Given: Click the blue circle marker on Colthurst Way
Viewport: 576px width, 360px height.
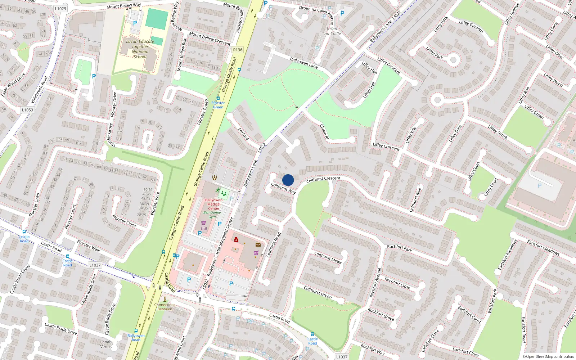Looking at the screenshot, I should [x=288, y=180].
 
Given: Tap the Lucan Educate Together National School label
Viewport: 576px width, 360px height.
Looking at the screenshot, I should [x=140, y=49].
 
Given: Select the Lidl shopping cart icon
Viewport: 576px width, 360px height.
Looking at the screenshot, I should [x=203, y=223].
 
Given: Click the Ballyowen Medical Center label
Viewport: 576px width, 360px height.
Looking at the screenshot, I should [x=214, y=204].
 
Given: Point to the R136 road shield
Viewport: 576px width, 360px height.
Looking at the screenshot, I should [x=238, y=50].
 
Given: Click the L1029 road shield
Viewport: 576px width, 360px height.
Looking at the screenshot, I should [x=61, y=8].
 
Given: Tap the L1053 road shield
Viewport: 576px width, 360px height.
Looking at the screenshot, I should [x=27, y=110].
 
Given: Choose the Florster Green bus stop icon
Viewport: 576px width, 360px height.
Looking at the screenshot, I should [x=218, y=98].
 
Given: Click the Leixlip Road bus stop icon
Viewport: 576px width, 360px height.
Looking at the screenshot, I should [x=24, y=232].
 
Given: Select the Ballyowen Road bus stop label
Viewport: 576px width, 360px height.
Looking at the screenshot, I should [x=136, y=338].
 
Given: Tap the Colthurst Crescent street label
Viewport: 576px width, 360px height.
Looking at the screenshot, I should [x=323, y=179].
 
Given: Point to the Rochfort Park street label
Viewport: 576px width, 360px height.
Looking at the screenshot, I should [x=399, y=248].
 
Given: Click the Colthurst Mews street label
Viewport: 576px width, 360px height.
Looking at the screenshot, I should [x=328, y=257].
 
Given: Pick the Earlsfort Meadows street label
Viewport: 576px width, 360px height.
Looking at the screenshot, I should [x=543, y=247].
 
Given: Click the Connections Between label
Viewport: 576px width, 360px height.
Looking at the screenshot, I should [x=165, y=307].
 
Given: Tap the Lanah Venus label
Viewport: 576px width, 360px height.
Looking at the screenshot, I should [x=106, y=344].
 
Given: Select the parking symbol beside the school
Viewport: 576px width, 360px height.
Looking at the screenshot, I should [x=135, y=23].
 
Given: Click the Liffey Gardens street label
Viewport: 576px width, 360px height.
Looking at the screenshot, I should [x=471, y=27].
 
